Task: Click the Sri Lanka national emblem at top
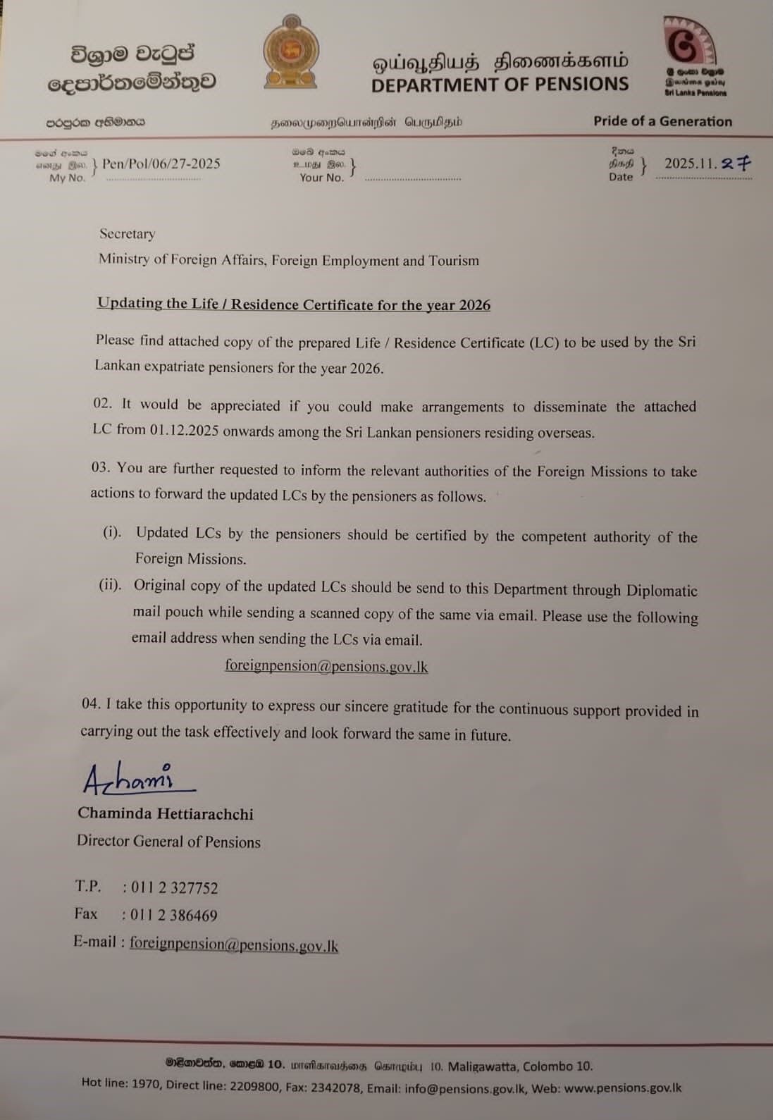(x=290, y=52)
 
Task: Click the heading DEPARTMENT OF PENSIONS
(x=500, y=85)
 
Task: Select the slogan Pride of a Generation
(x=662, y=121)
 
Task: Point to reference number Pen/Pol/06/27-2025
(x=161, y=164)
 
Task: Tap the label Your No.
(x=322, y=178)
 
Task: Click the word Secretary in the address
(x=127, y=234)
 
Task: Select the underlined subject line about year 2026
(x=294, y=304)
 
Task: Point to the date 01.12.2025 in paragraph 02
(x=184, y=430)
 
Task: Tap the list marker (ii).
(x=111, y=585)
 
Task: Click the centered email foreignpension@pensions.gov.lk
(x=326, y=666)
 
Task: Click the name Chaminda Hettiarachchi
(x=166, y=813)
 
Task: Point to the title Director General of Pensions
(x=168, y=842)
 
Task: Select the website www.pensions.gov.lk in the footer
(x=623, y=1088)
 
